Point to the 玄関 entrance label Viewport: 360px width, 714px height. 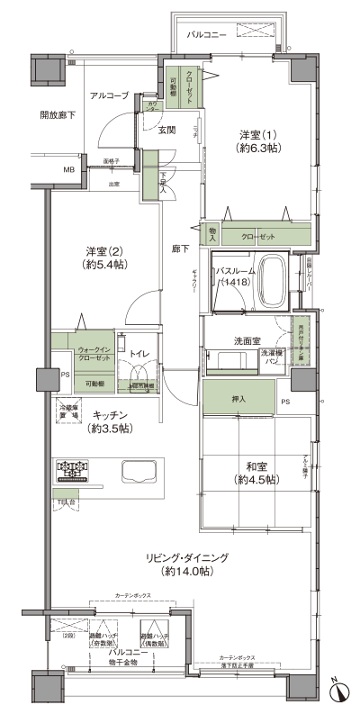pos(167,130)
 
